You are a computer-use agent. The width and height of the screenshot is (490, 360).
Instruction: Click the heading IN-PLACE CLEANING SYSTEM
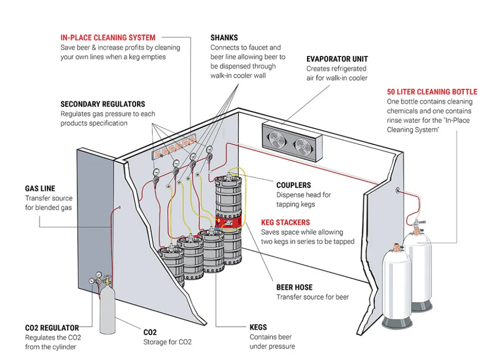[108, 37]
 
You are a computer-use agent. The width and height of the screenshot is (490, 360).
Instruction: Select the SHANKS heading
[224, 37]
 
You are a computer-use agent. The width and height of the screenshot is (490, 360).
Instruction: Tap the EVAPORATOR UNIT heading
[337, 59]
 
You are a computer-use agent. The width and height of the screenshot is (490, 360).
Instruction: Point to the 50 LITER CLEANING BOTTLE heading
[432, 91]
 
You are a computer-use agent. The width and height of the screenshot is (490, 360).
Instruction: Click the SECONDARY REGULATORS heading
[103, 104]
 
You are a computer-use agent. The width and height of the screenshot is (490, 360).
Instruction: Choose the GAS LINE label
[40, 189]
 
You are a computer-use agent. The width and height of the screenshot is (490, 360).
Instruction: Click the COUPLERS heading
[293, 185]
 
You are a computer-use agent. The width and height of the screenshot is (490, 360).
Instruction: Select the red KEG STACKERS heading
[285, 222]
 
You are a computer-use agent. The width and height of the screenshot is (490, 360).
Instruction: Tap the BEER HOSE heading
[294, 287]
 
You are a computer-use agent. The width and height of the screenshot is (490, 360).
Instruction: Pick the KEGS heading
[258, 327]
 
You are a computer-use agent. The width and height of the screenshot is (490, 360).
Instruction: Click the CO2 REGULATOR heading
[52, 328]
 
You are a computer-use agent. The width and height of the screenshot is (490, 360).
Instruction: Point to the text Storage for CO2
[167, 342]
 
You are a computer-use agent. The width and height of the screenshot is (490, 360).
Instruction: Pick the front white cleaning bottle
[396, 287]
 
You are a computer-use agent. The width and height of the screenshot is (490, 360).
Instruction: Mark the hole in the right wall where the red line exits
[398, 190]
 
